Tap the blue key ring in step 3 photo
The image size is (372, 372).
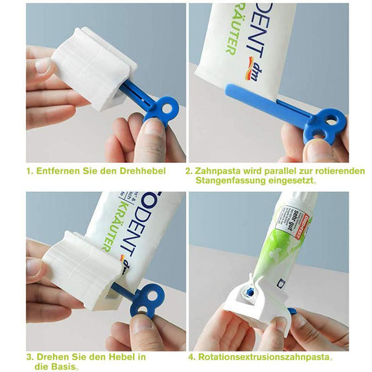(147, 299)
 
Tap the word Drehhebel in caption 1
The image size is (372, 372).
(146, 171)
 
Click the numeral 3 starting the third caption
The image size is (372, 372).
(29, 356)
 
